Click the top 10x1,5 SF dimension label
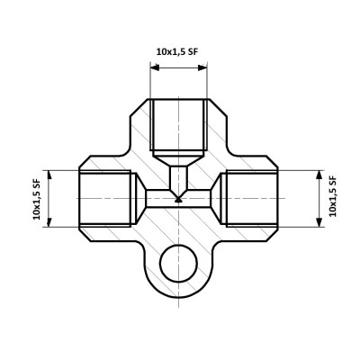coord(177,52)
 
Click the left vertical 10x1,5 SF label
coord(37,199)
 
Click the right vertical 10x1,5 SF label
coord(333,196)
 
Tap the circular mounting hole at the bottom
coord(178,264)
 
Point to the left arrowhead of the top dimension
coord(155,67)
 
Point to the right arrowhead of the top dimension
coord(202,67)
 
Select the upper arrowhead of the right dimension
coord(319,175)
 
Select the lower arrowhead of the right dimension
coord(319,222)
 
